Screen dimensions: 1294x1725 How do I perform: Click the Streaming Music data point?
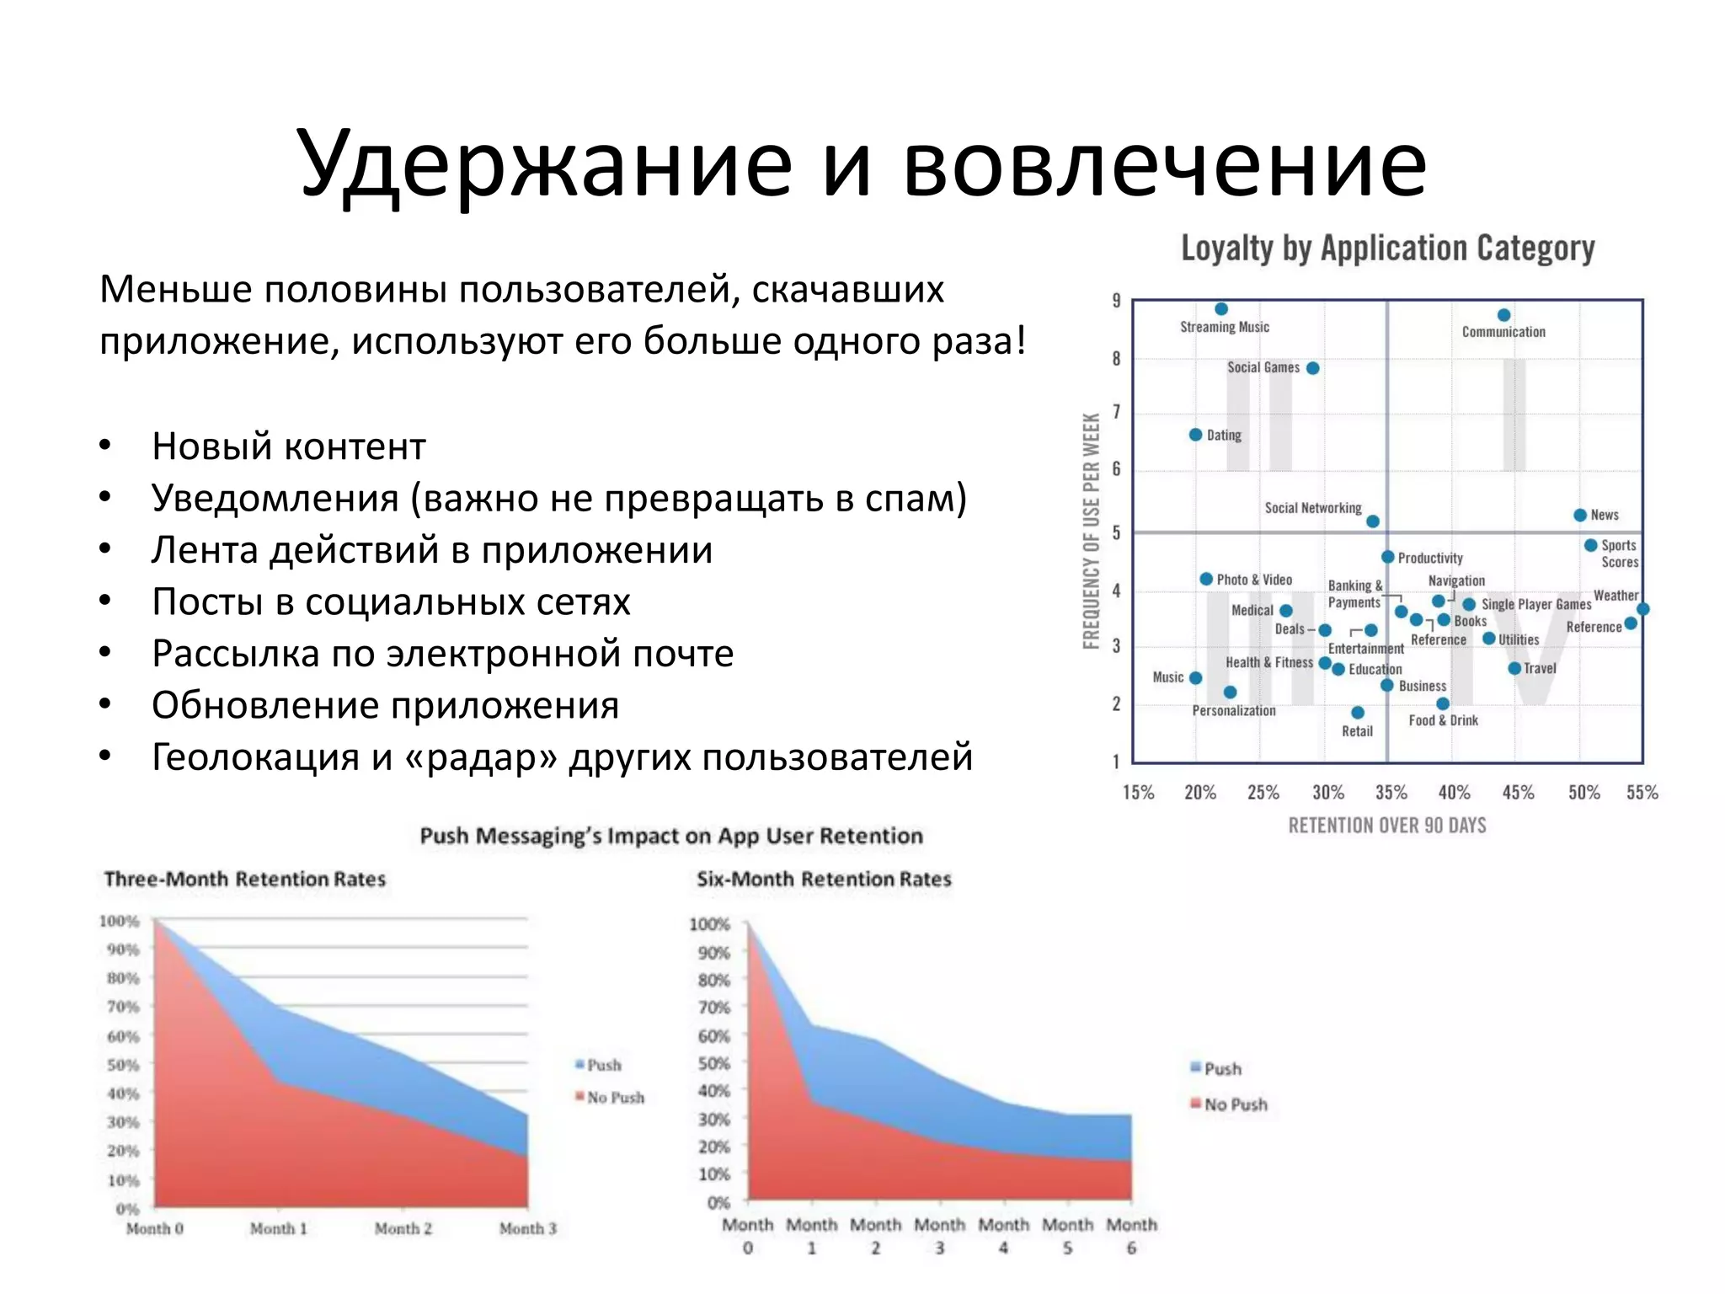tap(1221, 309)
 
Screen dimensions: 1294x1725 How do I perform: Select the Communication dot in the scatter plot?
tap(1504, 315)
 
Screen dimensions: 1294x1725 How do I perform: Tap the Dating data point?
tap(1195, 435)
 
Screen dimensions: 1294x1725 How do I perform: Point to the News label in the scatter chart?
tap(1604, 515)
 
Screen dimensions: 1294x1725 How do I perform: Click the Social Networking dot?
tap(1373, 521)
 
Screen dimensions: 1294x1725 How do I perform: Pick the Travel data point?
tap(1514, 668)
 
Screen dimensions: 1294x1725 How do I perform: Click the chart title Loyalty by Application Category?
tap(1387, 249)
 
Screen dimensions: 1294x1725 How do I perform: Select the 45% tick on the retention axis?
tap(1518, 793)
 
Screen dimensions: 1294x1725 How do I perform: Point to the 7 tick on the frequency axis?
tap(1117, 412)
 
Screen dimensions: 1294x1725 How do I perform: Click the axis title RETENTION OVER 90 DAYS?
tap(1387, 826)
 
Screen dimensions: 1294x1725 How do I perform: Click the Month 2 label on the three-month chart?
tap(403, 1229)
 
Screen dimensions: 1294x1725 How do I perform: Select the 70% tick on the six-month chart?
tap(713, 1008)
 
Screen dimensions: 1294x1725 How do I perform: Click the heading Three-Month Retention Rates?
tap(244, 880)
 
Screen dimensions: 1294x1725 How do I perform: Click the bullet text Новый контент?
tap(289, 446)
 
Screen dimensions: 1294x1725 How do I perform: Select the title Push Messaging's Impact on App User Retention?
tap(671, 836)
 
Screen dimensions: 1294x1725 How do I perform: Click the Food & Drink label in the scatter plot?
tap(1443, 720)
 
